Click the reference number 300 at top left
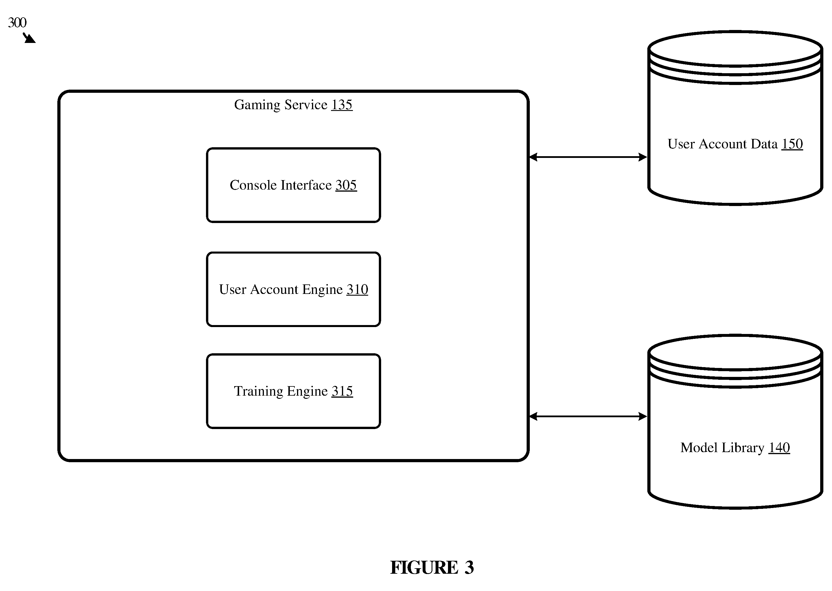tap(17, 22)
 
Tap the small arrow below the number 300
tap(29, 38)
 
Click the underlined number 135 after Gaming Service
tap(342, 105)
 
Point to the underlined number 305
tap(346, 185)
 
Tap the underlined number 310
tap(357, 290)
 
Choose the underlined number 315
tap(342, 392)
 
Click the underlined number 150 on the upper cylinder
tap(792, 144)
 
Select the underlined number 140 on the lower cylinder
tap(779, 448)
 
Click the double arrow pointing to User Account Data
tap(588, 157)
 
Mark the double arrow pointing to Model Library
tap(588, 416)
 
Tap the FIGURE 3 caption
tap(432, 567)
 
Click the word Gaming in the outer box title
tap(257, 105)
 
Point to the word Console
tap(253, 185)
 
